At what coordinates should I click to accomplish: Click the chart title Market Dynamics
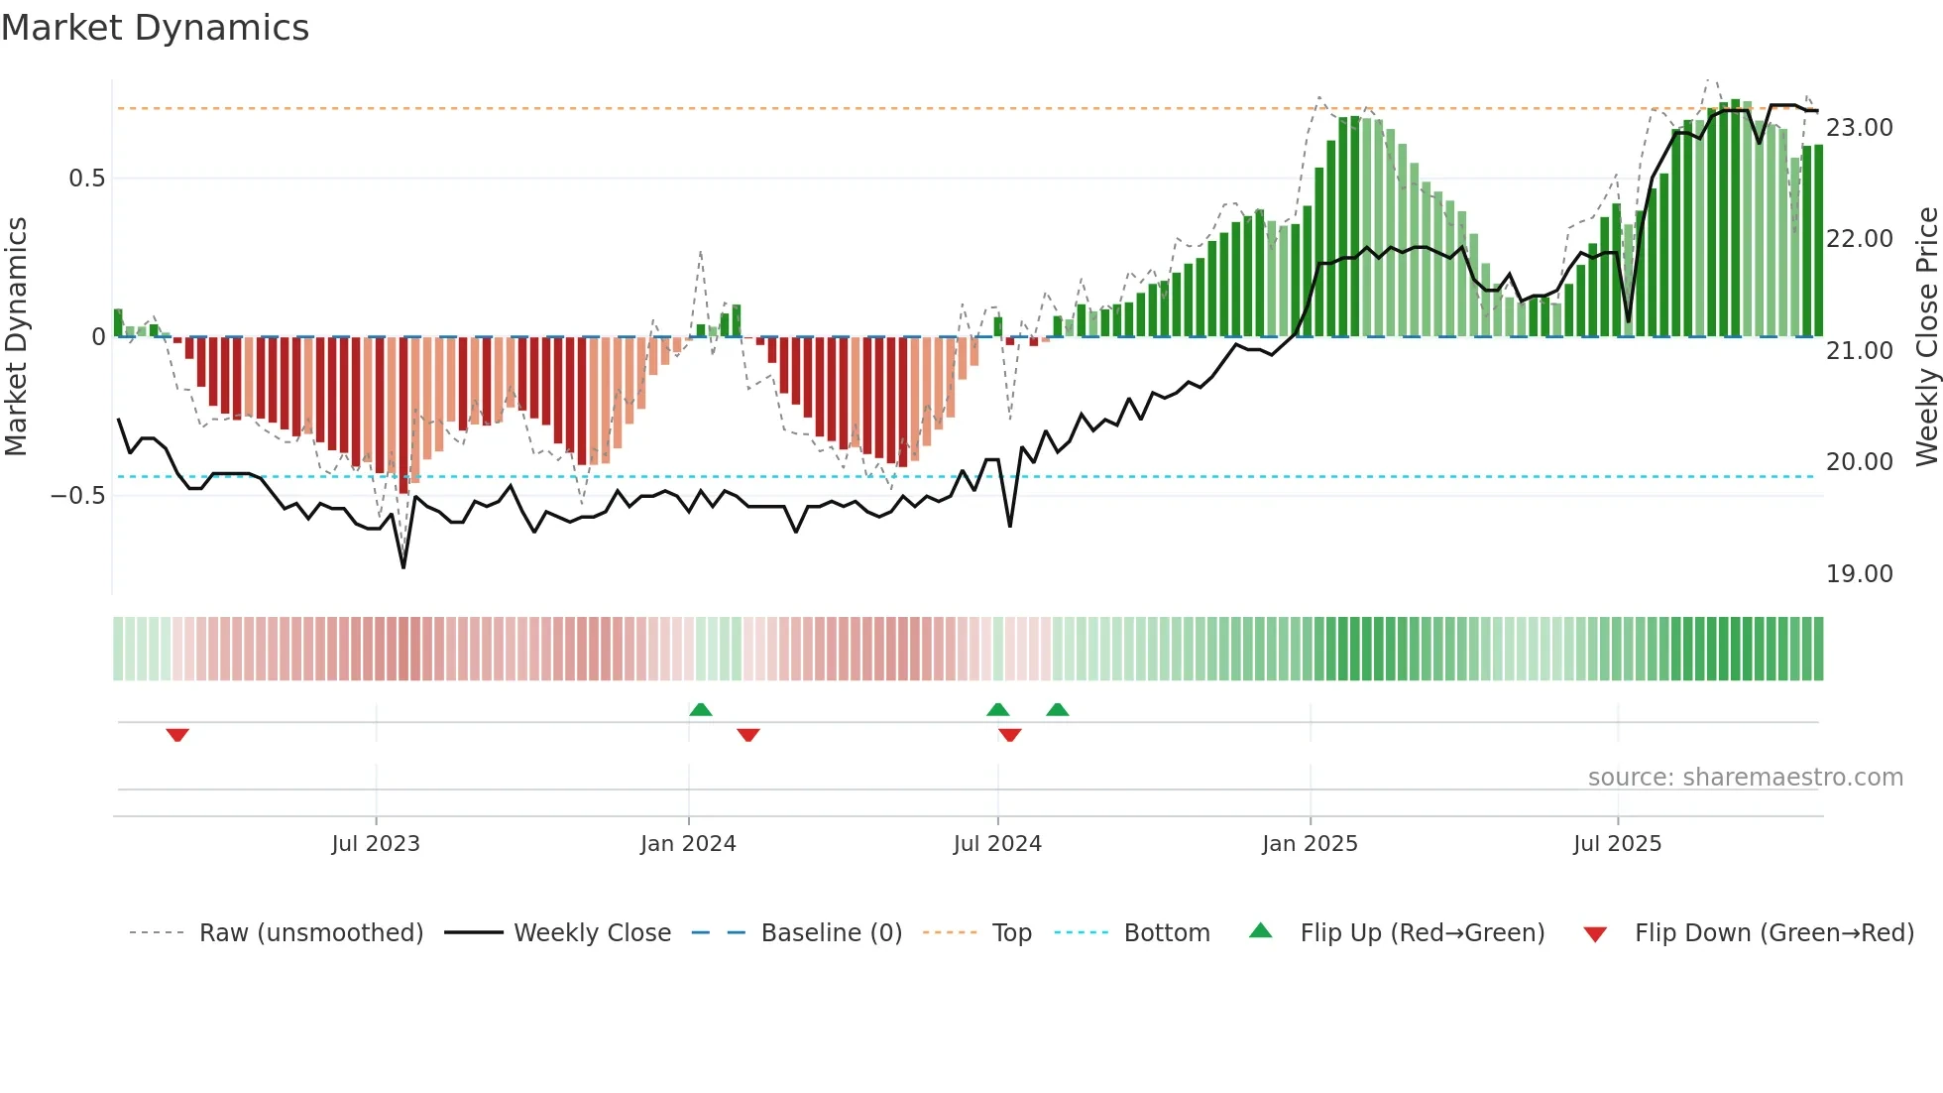pos(156,28)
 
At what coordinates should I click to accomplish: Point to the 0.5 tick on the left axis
pos(86,179)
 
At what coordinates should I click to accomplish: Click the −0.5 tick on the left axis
pos(78,495)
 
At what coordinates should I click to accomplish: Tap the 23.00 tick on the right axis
pos(1859,128)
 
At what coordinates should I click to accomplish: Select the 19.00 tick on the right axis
pos(1859,574)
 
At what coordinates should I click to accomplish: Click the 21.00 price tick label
pos(1859,351)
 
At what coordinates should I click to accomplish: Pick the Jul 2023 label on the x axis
pos(376,844)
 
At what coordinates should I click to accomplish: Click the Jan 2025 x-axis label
pos(1310,844)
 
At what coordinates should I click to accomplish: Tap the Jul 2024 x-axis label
pos(997,844)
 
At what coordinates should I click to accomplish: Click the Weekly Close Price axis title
pos(1926,336)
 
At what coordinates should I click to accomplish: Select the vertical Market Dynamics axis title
pos(16,336)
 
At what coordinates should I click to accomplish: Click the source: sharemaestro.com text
pos(1745,778)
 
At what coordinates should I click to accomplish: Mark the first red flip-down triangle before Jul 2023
pos(177,735)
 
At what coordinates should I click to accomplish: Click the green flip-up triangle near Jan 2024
pos(701,709)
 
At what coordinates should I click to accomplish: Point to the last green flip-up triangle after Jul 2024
pos(1058,709)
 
